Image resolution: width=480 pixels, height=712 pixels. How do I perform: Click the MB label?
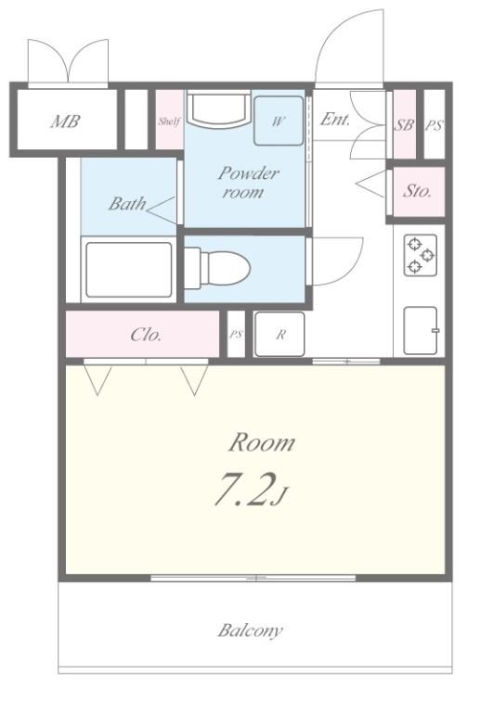tap(65, 121)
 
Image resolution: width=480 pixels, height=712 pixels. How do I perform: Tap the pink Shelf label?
tap(169, 121)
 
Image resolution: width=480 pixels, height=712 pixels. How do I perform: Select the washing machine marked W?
tap(279, 121)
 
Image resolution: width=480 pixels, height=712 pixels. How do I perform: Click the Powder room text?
tap(248, 182)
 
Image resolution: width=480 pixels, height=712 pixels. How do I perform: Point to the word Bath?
tap(127, 203)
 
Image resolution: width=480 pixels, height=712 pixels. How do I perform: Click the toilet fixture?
tap(217, 268)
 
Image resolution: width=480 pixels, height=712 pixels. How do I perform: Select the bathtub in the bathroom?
tap(129, 270)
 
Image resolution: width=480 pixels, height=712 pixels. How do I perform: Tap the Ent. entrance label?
tap(335, 120)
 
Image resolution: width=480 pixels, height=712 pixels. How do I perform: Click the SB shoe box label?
tap(403, 125)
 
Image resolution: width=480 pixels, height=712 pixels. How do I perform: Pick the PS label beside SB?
tap(434, 125)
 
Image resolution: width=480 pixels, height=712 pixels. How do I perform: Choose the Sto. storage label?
tap(417, 191)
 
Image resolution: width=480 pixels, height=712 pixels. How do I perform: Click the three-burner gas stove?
tap(421, 255)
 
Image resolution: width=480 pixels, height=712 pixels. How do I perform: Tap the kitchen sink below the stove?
tap(421, 331)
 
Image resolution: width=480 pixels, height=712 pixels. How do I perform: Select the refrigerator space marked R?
tap(279, 334)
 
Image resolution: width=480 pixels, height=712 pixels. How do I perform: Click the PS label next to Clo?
tap(236, 335)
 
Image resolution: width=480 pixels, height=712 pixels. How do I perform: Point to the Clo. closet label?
tap(146, 335)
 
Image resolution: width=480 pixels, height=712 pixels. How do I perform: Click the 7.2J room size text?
tap(252, 489)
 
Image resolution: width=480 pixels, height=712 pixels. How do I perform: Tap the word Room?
tap(262, 443)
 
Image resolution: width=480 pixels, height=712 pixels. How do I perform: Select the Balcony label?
tap(251, 630)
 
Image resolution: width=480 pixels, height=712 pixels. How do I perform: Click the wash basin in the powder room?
tap(219, 108)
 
